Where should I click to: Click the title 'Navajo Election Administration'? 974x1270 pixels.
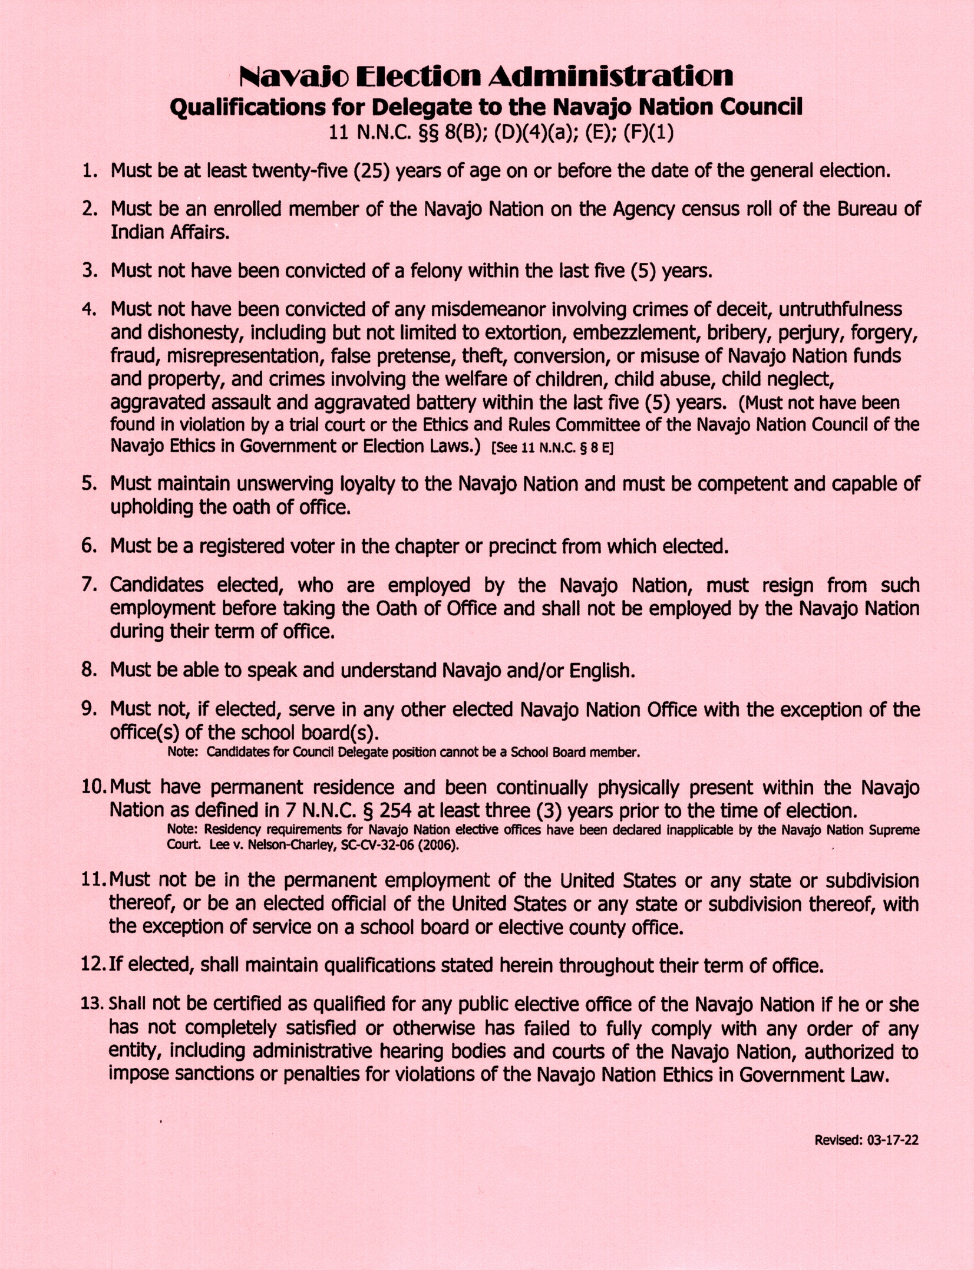coord(487,76)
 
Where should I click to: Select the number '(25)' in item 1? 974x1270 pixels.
coord(371,171)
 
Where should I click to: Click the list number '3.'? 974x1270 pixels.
coord(89,271)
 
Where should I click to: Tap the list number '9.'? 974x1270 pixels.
coord(89,710)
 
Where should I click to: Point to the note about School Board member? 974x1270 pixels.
coord(404,753)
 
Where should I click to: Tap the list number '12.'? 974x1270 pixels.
coord(92,966)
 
